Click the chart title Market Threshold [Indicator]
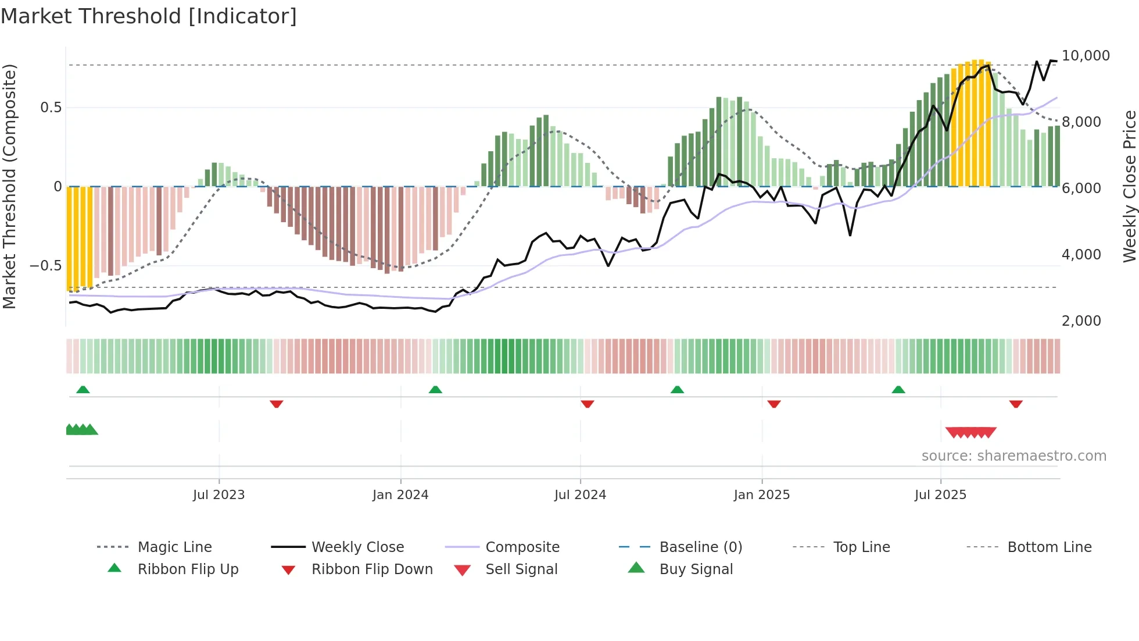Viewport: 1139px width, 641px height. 149,16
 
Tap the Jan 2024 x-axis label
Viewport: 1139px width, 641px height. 400,495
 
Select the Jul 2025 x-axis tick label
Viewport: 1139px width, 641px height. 940,495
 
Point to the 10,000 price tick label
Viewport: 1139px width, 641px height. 1086,56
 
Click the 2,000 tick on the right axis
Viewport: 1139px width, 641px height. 1081,321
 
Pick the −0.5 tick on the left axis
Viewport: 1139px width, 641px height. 46,266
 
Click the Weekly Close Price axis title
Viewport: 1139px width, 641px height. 1129,186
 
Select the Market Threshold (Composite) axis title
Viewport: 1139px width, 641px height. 9,186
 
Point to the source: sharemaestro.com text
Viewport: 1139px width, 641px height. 1013,456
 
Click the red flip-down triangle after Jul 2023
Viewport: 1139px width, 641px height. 277,404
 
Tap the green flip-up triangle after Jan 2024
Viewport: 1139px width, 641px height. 435,390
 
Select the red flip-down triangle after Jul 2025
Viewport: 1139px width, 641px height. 1016,404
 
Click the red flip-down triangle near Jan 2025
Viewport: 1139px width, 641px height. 773,404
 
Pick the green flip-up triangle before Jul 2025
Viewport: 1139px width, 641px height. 898,390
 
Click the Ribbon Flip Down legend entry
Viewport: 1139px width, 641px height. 372,569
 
